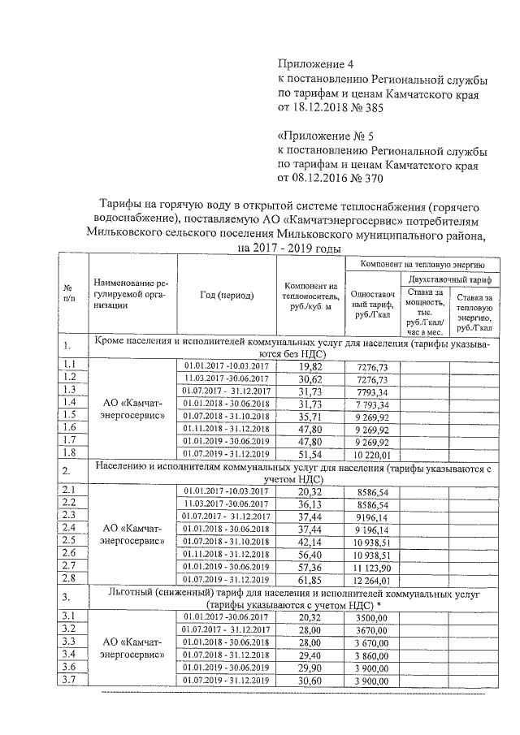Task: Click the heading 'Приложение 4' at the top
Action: pyautogui.click(x=317, y=63)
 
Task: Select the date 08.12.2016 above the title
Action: pyautogui.click(x=332, y=176)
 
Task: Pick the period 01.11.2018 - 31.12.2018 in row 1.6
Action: pyautogui.click(x=224, y=428)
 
